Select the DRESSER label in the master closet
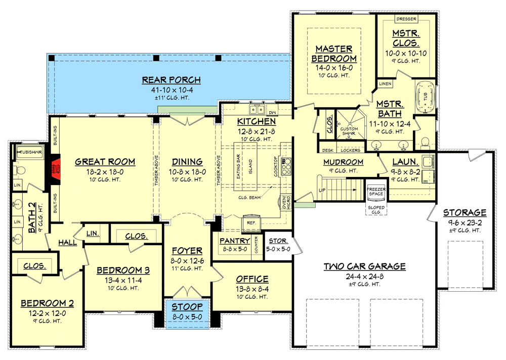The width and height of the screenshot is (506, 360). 406,19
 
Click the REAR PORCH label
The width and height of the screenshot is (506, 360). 172,80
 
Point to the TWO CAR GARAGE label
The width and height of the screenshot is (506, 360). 365,266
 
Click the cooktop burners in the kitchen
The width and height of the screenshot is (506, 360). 286,166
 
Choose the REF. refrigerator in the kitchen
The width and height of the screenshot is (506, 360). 251,222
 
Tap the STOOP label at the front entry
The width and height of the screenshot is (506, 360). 187,306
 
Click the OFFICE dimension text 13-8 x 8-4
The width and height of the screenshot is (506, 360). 252,289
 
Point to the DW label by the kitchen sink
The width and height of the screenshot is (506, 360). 272,112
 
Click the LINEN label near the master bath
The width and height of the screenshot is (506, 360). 385,83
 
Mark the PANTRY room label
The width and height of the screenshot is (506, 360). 235,241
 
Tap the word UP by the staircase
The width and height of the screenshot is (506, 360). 322,190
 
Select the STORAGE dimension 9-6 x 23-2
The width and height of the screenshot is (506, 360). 465,222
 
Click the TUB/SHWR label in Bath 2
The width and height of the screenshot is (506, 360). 30,152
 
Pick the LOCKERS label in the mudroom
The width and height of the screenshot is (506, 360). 351,150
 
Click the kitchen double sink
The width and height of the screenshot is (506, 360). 257,110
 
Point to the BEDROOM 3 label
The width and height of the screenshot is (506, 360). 123,270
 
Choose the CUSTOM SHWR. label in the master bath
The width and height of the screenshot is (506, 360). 349,131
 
